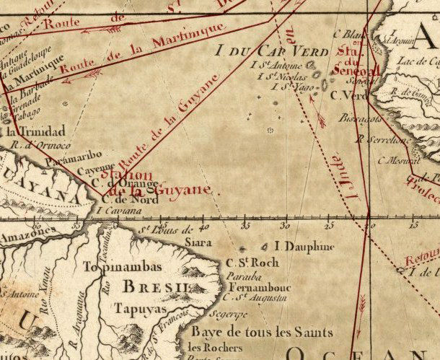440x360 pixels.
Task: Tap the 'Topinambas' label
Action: pos(123,266)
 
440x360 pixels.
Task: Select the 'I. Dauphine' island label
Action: pos(305,247)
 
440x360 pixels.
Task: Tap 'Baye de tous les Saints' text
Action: pos(255,333)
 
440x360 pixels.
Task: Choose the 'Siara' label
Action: pos(198,243)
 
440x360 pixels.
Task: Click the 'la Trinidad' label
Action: pos(35,131)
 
